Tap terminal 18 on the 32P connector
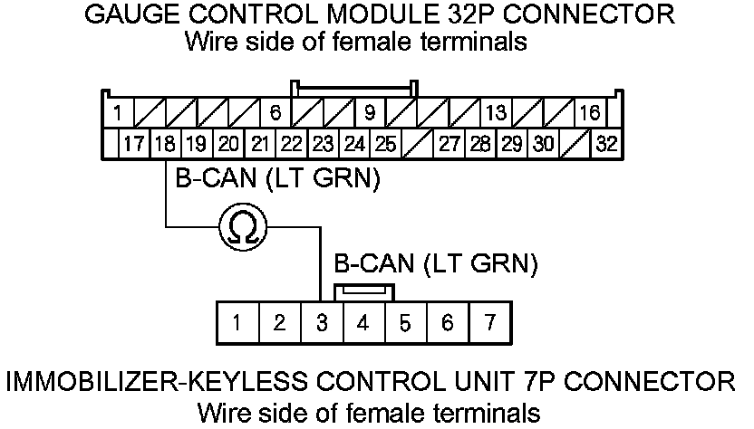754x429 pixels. point(165,144)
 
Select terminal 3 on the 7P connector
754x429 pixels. point(322,322)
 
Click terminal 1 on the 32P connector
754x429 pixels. point(118,113)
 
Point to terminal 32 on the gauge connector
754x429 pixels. point(605,144)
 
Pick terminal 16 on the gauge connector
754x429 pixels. point(590,113)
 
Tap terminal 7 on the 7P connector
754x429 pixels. point(489,322)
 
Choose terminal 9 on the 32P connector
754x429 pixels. point(370,113)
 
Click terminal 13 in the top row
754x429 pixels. point(496,113)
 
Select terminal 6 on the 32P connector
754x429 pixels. point(275,113)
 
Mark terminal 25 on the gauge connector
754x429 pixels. point(385,144)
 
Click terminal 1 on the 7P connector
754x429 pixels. point(237,322)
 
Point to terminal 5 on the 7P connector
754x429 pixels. point(405,322)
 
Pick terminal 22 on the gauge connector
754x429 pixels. point(291,144)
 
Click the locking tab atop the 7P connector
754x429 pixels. point(363,291)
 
